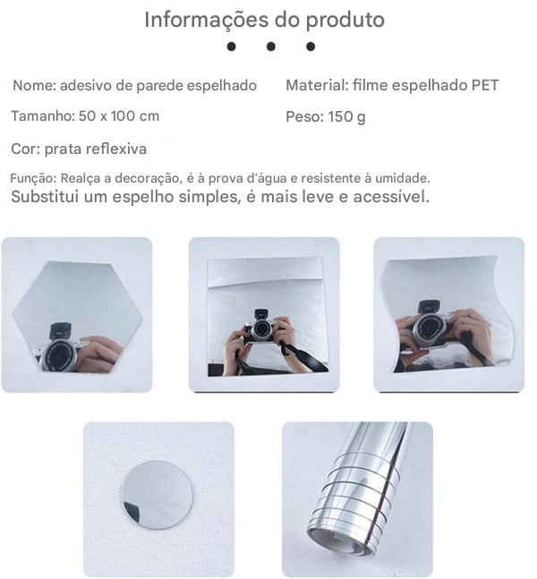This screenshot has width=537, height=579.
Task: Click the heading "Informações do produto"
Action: click(x=264, y=20)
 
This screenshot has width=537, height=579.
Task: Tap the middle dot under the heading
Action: click(x=270, y=47)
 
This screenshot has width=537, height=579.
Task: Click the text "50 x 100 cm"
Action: click(x=118, y=116)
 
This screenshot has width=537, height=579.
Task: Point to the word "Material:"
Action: click(x=317, y=86)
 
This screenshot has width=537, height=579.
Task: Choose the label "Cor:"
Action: click(x=25, y=149)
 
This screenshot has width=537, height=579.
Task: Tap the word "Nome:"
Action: click(x=34, y=86)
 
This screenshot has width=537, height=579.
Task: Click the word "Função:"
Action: click(x=33, y=179)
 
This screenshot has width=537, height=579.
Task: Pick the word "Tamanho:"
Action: click(x=40, y=116)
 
